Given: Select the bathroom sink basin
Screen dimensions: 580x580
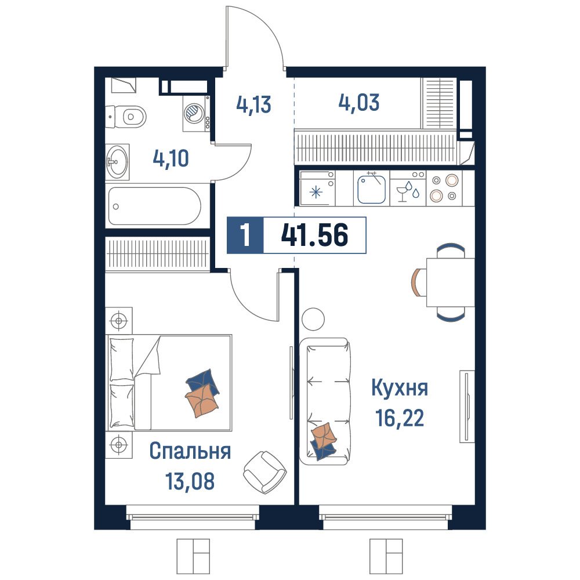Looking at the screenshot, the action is click(x=117, y=162).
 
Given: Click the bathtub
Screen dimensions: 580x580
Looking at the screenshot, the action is click(x=155, y=206).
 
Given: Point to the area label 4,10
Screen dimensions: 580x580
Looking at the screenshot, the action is click(x=171, y=158).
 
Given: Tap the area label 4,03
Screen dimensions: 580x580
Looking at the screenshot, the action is click(x=359, y=103).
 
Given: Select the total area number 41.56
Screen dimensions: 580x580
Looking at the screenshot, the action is click(x=314, y=235).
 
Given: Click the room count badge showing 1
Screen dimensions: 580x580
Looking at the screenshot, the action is click(x=245, y=235).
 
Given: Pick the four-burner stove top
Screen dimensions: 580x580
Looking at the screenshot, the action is click(x=444, y=188).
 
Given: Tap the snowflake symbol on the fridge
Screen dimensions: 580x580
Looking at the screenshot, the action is click(x=316, y=193).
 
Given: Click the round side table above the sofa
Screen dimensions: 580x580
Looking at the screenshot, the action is click(x=313, y=319).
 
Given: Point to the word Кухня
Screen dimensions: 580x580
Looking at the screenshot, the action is click(x=400, y=388).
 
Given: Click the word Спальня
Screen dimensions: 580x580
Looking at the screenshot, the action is click(x=190, y=451).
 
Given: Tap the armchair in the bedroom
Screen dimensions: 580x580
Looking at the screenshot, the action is click(x=265, y=472).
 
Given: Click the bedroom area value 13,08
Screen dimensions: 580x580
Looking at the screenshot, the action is click(x=190, y=481).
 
